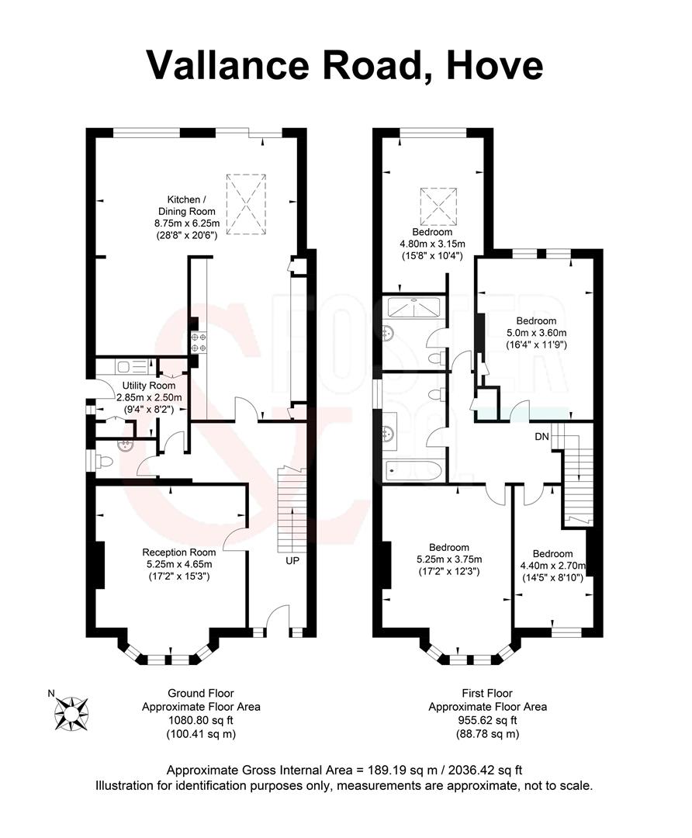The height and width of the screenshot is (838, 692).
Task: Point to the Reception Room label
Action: tap(178, 552)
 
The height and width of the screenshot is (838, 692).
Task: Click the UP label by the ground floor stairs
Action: tap(292, 559)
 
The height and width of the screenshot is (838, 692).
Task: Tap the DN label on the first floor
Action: tap(541, 437)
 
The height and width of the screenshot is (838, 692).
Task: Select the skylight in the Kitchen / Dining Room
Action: tap(246, 203)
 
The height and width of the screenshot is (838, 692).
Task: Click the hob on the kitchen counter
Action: tap(197, 342)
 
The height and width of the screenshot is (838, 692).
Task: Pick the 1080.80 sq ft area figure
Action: tap(200, 720)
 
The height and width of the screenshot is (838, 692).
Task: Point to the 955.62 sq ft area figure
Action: tap(488, 720)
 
